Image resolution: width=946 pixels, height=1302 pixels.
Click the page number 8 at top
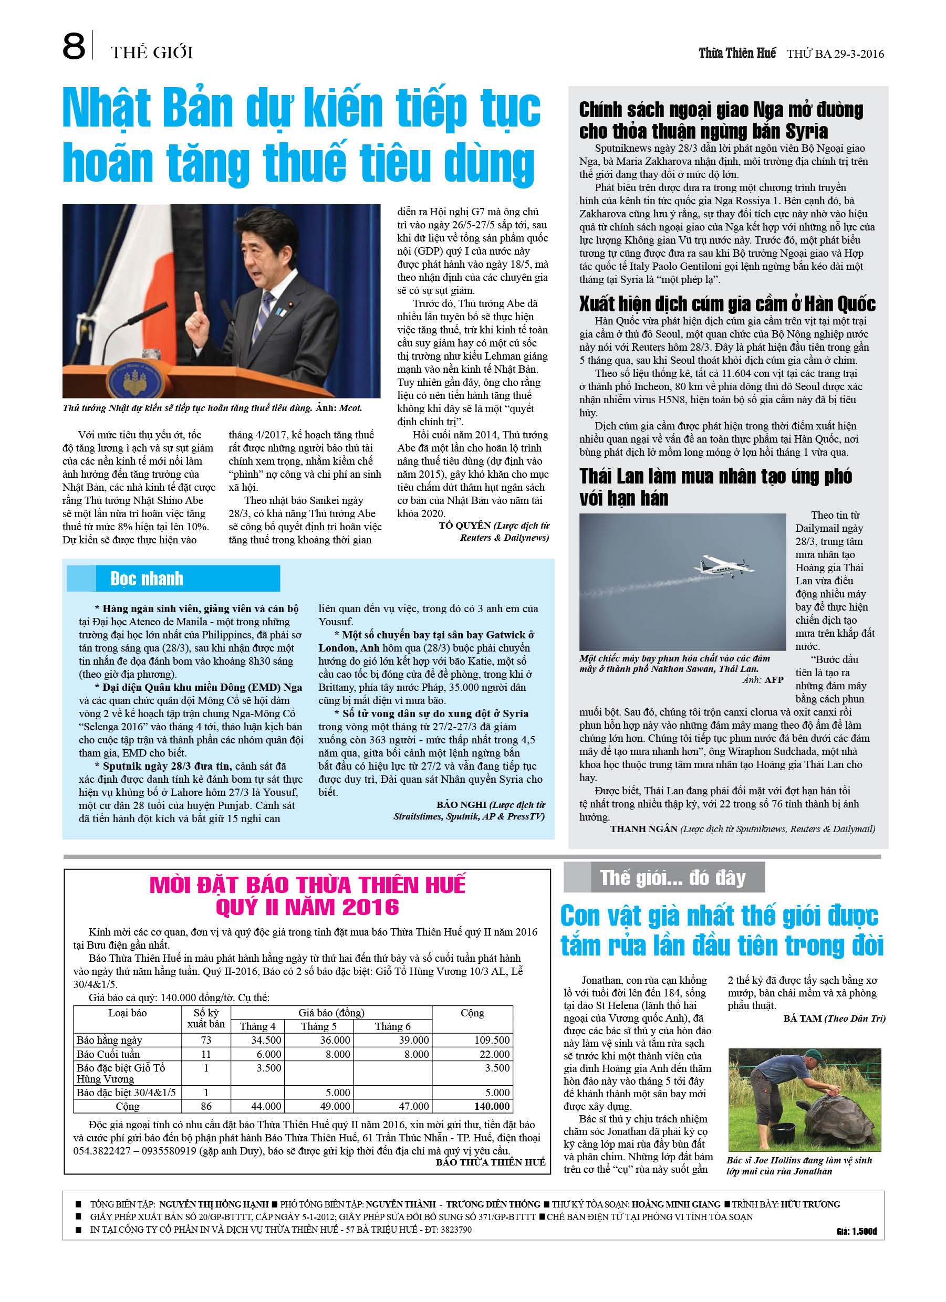click(x=74, y=47)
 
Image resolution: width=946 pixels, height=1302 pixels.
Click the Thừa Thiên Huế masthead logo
click(x=736, y=54)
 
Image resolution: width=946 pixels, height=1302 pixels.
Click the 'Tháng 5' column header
click(x=318, y=1026)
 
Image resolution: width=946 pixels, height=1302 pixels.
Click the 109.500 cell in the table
click(x=492, y=1040)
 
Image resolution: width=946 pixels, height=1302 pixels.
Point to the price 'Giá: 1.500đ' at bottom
click(x=856, y=1232)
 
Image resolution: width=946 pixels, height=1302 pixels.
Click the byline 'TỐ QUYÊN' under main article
click(x=464, y=526)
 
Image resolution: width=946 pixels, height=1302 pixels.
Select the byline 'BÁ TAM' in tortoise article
click(x=802, y=1018)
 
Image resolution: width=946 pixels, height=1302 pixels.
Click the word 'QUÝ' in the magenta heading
click(x=238, y=908)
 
